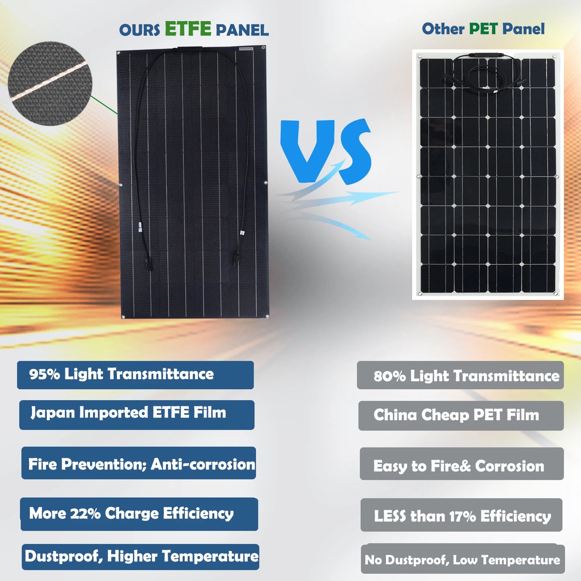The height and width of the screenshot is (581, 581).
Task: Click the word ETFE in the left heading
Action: [188, 29]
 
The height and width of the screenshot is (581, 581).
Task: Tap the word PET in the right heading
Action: [483, 29]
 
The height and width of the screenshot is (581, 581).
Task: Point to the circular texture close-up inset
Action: [50, 84]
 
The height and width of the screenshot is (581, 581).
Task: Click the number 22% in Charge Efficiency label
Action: [85, 514]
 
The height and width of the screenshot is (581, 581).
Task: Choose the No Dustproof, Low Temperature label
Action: [463, 560]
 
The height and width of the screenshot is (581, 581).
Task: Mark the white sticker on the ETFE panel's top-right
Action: [246, 49]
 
